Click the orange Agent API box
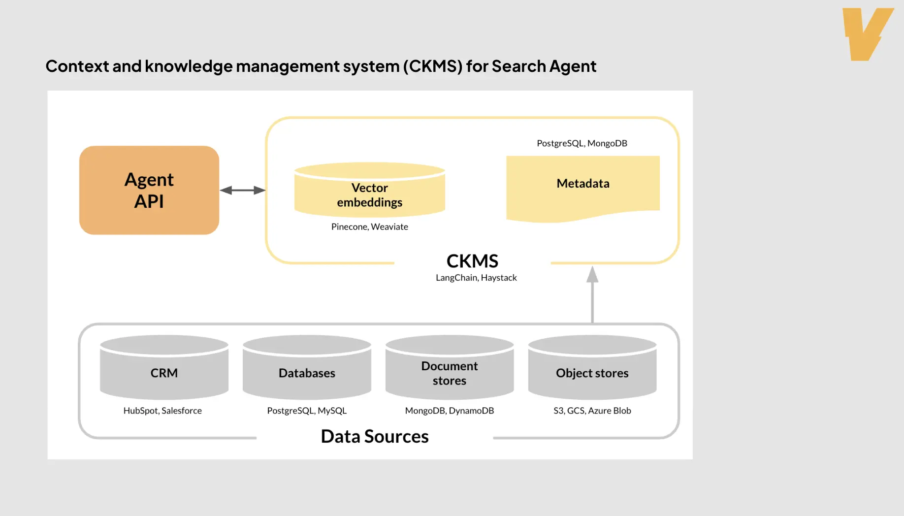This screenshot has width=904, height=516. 149,190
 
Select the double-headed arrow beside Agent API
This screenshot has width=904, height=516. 242,190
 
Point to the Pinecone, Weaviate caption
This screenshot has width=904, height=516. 369,226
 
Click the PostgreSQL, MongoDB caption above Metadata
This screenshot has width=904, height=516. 581,143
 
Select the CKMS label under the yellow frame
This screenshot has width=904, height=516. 472,261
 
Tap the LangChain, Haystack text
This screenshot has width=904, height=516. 476,278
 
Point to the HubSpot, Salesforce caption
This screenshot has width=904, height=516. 162,411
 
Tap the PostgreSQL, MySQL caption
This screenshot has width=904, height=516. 307,411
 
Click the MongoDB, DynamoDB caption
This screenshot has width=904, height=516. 449,411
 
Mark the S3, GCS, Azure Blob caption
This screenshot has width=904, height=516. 592,411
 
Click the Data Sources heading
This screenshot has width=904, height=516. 374,437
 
